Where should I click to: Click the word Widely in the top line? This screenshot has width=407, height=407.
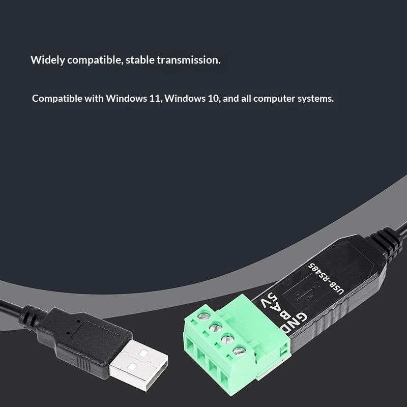click(x=47, y=60)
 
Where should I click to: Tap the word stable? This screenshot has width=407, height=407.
click(x=140, y=60)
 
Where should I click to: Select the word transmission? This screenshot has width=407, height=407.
click(x=188, y=60)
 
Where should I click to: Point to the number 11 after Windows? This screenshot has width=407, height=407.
click(x=155, y=99)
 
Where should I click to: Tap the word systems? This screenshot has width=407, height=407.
click(x=315, y=99)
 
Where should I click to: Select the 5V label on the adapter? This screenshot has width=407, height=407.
click(x=271, y=300)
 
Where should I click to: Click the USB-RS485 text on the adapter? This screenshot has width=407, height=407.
click(x=326, y=279)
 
